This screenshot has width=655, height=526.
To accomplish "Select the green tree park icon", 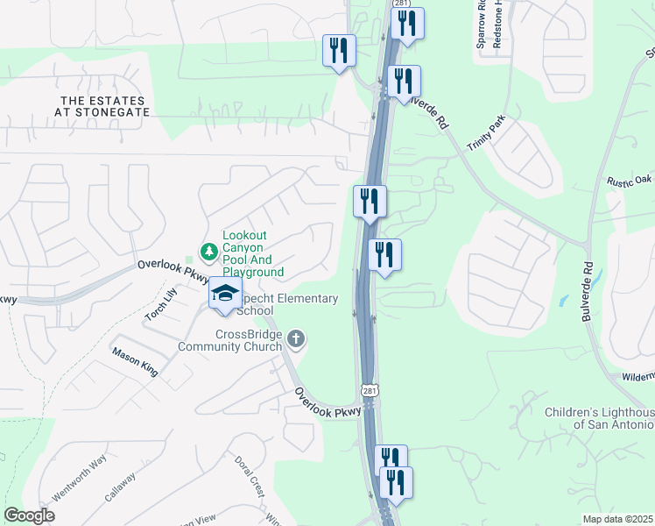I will tap(208, 252).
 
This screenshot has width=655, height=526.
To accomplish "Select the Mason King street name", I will tap(134, 361).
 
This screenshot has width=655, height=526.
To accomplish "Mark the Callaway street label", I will tap(121, 487).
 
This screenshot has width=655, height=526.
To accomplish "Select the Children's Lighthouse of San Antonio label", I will tap(599, 418).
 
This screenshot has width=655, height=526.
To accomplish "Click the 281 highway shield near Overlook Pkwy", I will tap(371, 389).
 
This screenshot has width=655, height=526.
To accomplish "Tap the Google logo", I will tap(29, 515).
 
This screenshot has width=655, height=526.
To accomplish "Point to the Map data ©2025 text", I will tap(617, 519).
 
